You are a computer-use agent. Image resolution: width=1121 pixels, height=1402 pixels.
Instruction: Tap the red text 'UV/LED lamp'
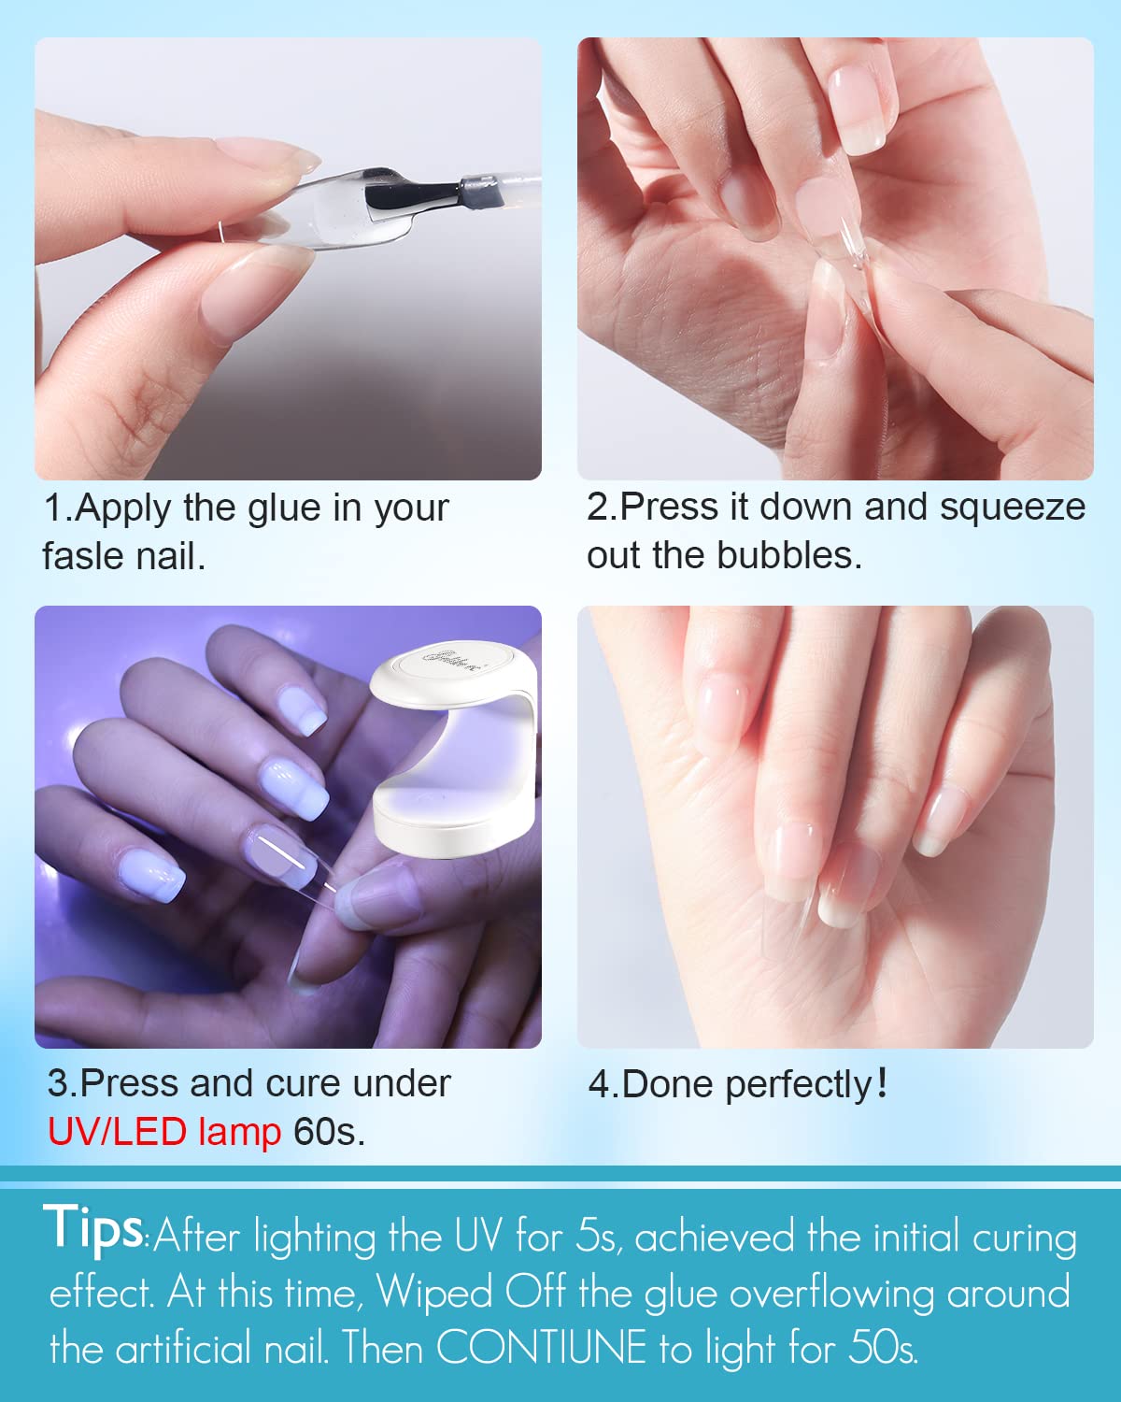tap(164, 1132)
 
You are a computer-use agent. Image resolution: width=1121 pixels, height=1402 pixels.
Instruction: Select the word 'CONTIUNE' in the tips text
tap(541, 1349)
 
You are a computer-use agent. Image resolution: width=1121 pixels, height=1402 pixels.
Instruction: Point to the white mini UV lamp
tap(454, 748)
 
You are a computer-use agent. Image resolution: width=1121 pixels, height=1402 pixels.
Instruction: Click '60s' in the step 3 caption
tap(327, 1132)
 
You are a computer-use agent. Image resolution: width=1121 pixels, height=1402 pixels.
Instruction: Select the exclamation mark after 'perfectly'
tap(882, 1083)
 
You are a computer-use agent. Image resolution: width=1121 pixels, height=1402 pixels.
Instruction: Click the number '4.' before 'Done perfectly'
tap(602, 1084)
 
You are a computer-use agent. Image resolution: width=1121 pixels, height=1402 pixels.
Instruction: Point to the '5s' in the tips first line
tap(596, 1237)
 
